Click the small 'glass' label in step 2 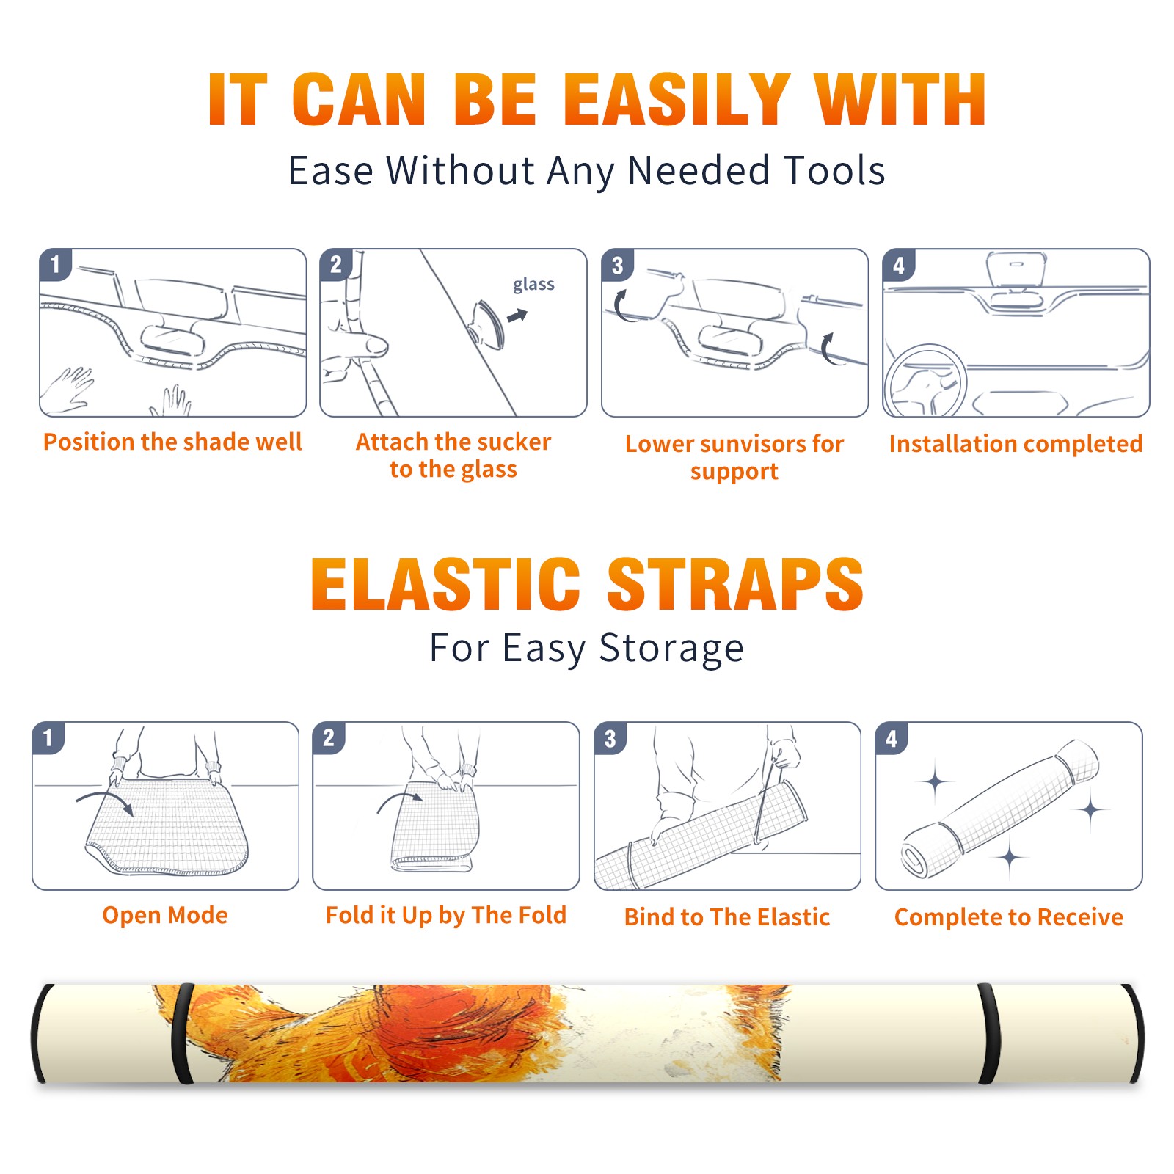point(533,285)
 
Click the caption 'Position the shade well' point(172,442)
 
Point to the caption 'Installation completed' point(1016,444)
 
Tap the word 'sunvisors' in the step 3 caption point(753,444)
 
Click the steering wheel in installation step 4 point(925,382)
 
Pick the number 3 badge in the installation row point(618,265)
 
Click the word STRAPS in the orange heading point(735,584)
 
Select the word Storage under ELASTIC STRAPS point(671,649)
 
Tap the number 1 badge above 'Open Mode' point(48,737)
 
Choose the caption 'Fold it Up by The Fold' point(446,916)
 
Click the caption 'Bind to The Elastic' point(727,917)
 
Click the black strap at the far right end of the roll point(1133,1034)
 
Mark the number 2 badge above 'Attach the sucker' point(336,265)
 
